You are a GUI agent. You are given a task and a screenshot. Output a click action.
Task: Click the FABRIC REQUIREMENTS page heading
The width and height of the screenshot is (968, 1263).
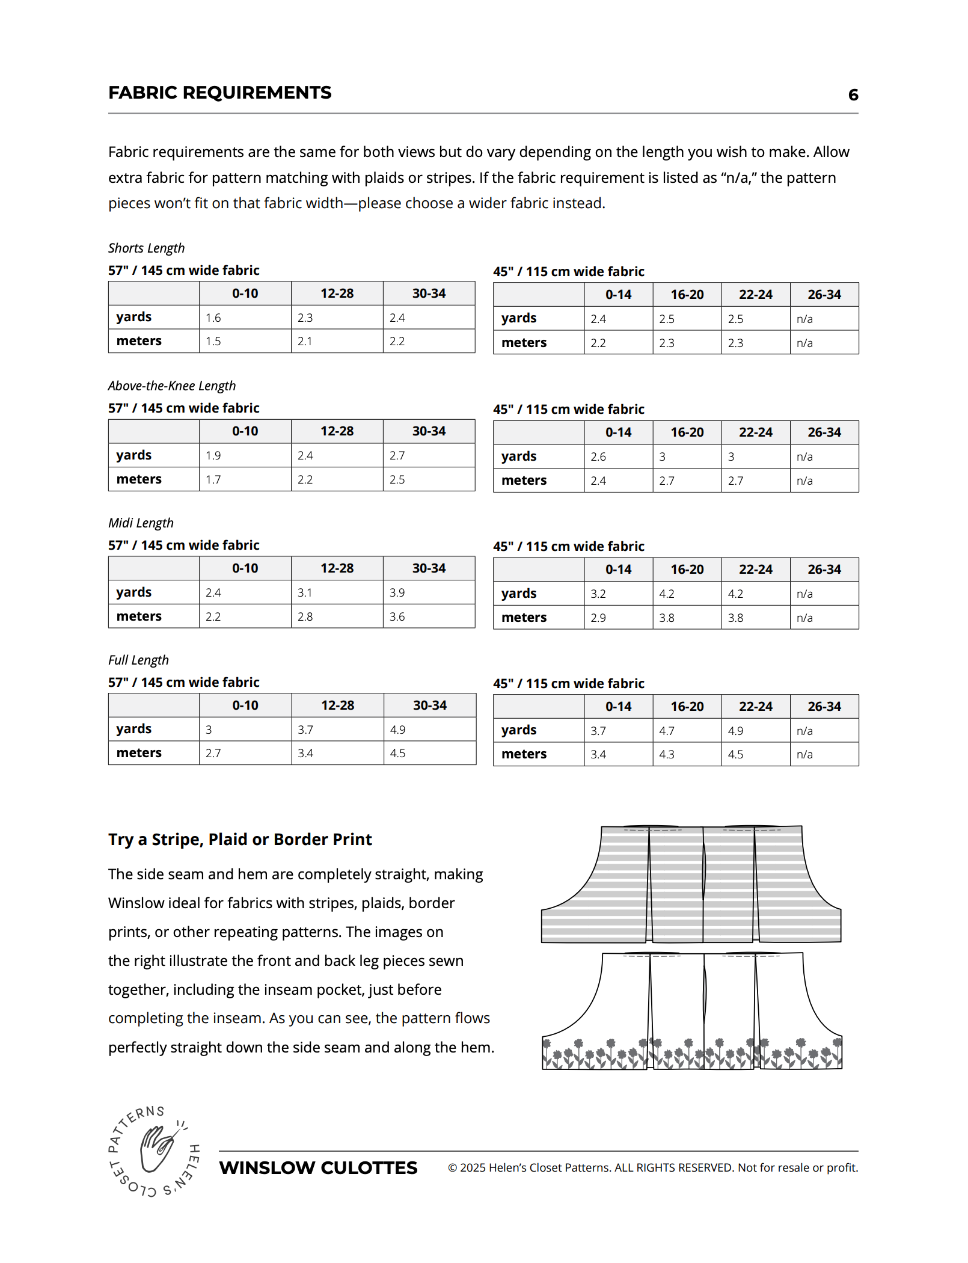pyautogui.click(x=219, y=93)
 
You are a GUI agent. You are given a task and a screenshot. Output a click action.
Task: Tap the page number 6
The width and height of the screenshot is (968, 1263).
pyautogui.click(x=853, y=95)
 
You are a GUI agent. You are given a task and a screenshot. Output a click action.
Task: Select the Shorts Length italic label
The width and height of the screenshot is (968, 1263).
pyautogui.click(x=146, y=248)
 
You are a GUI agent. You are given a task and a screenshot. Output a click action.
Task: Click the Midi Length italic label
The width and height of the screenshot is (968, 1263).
pyautogui.click(x=141, y=523)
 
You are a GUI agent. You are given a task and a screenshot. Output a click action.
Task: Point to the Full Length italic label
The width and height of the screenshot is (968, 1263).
pyautogui.click(x=138, y=660)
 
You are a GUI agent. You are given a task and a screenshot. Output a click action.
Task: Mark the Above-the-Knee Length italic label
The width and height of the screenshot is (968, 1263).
pyautogui.click(x=172, y=386)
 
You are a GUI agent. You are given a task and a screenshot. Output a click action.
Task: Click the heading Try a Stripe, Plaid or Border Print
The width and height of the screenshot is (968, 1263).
pyautogui.click(x=240, y=839)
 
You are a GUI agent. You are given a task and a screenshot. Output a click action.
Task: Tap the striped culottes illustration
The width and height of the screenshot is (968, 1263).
pyautogui.click(x=691, y=884)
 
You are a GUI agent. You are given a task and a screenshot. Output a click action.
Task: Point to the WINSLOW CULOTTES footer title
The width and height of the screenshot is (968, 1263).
pyautogui.click(x=318, y=1168)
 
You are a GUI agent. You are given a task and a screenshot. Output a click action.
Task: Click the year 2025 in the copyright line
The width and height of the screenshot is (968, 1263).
pyautogui.click(x=473, y=1168)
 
